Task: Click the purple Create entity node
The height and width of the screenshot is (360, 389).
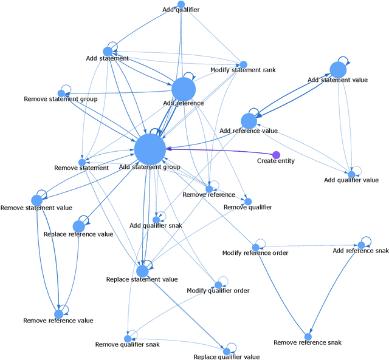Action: pos(276,155)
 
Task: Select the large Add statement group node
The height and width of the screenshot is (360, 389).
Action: pos(150,149)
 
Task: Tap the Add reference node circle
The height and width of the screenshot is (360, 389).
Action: pos(184,90)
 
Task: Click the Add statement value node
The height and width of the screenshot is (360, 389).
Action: pos(338,70)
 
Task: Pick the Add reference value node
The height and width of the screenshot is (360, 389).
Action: pos(249,121)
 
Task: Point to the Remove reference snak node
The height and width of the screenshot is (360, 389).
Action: pos(308,336)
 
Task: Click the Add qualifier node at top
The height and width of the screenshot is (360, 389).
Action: pos(181,4)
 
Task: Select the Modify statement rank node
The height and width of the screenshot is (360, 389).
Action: pos(243,64)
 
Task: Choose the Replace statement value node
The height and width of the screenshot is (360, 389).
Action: pos(142,271)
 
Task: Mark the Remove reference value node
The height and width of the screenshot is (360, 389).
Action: pos(59,313)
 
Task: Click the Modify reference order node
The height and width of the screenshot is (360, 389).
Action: pos(256,247)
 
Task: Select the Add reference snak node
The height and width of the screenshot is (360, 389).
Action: pos(360,245)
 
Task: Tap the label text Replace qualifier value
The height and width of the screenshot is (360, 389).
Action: pos(227,357)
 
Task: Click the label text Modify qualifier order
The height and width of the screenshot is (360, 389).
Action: pos(218,291)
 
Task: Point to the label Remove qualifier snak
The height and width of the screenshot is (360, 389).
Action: pos(128,345)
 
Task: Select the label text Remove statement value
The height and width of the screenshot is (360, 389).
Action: pos(36,208)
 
